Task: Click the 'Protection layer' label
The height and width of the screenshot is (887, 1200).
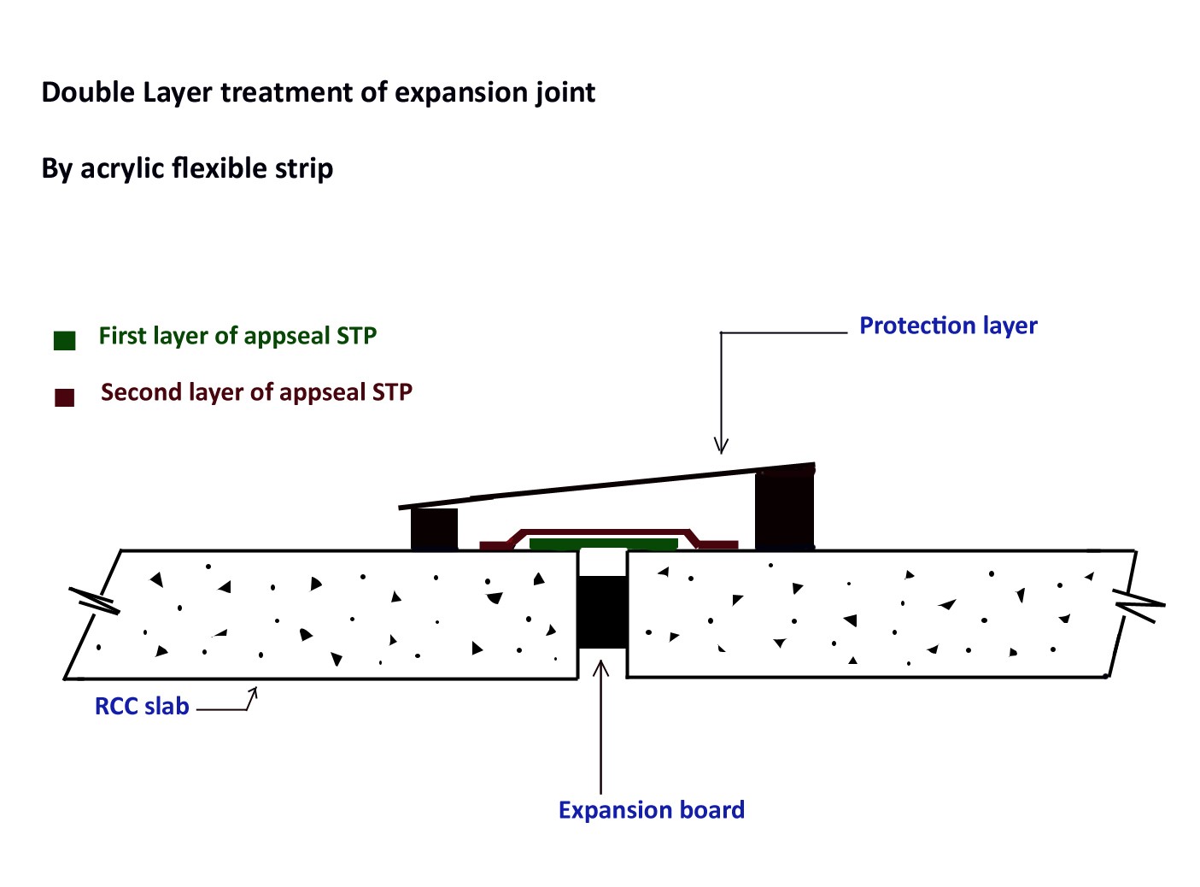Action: (948, 326)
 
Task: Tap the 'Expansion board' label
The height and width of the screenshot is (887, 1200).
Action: (651, 810)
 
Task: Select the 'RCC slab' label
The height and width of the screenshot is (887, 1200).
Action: (142, 707)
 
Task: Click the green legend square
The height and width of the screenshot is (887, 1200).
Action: (65, 340)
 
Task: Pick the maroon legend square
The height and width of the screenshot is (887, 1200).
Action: (65, 397)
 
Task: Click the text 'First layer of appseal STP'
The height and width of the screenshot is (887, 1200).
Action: (237, 336)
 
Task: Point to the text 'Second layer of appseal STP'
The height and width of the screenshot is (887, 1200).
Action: (256, 392)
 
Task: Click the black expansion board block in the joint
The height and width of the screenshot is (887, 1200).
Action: (602, 612)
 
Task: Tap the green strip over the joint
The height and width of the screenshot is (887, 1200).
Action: (603, 543)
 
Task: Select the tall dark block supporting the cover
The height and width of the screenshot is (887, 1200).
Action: (784, 510)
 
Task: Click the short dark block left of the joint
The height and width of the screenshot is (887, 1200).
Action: (434, 529)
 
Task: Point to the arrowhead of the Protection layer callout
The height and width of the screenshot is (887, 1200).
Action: (721, 446)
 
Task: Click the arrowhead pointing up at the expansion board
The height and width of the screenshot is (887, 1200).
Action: (601, 666)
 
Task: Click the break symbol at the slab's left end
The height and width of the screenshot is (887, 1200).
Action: (93, 600)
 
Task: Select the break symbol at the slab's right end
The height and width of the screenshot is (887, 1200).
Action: (1139, 604)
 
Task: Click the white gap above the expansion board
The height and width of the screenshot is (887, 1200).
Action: (602, 562)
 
